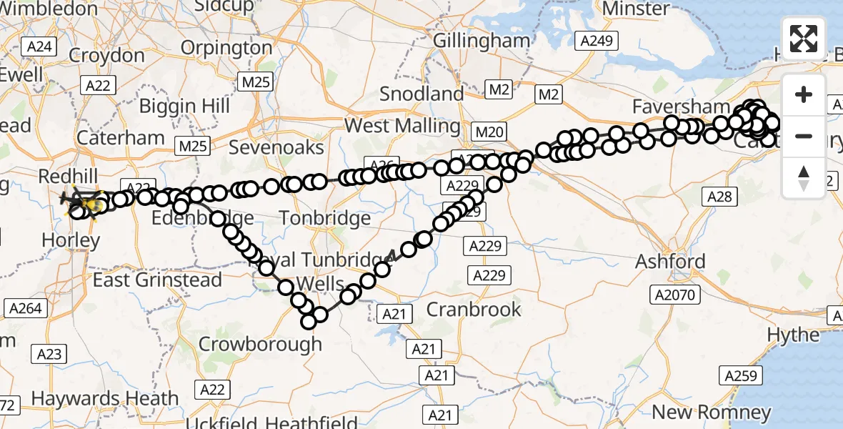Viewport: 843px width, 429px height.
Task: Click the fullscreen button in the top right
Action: pos(804,39)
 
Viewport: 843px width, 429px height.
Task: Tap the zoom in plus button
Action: pos(804,94)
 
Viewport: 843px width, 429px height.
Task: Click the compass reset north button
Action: pos(804,178)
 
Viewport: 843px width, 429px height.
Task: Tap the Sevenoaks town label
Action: pos(276,148)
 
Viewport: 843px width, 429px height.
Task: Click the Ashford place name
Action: pos(671,262)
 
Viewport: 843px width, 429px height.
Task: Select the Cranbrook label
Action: pos(474,309)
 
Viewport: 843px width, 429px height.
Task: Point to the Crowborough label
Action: pos(260,344)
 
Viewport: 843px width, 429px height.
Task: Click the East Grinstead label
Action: pos(157,280)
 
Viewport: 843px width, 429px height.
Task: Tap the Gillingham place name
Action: pos(481,41)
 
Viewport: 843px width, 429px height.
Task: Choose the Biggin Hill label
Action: pos(184,107)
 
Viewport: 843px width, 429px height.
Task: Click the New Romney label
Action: pos(712,412)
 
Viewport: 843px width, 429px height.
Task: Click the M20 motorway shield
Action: pos(489,132)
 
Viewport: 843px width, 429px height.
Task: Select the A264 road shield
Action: pos(26,309)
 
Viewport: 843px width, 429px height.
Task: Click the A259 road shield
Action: pos(739,375)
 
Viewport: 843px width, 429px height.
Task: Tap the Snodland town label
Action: pos(421,94)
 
